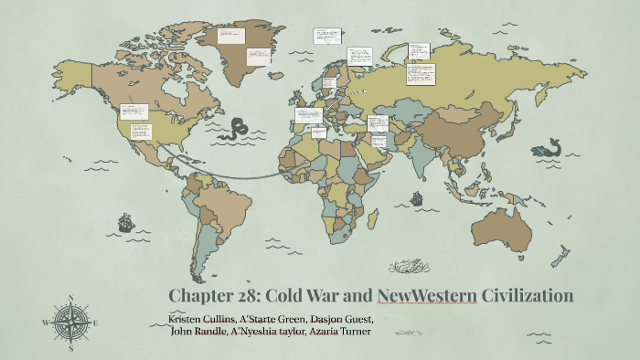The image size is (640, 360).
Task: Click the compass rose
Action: (70, 321)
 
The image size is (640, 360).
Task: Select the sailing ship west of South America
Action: (125, 221)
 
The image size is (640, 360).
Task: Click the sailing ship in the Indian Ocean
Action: (416, 196)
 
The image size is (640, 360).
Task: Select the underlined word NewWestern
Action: (427, 296)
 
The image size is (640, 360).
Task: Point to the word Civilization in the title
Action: (528, 296)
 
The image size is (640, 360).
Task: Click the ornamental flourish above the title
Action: (409, 267)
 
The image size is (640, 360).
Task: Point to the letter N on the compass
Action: (70, 298)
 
